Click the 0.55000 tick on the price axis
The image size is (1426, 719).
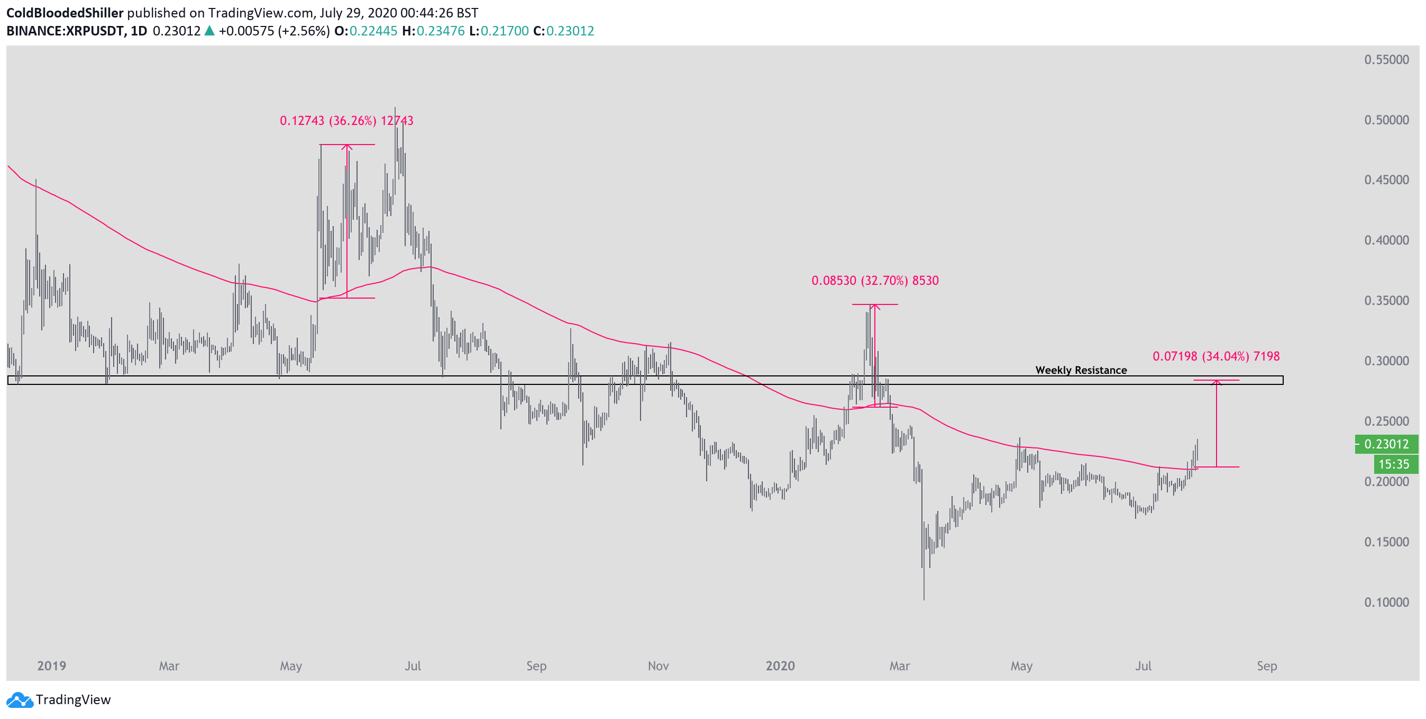click(1386, 60)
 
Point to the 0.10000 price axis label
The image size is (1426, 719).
click(1386, 602)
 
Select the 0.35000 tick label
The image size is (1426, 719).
click(1386, 301)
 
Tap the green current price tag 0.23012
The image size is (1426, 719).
click(1386, 444)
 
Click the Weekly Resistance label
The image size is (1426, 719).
click(1081, 370)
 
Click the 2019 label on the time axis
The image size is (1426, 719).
click(51, 666)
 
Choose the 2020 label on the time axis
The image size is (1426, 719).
click(780, 666)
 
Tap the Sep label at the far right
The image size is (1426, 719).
click(1267, 666)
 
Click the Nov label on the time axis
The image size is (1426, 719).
click(657, 666)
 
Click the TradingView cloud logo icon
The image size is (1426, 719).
click(20, 700)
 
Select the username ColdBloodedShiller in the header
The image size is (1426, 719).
click(65, 13)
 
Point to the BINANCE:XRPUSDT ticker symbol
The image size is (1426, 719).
click(65, 31)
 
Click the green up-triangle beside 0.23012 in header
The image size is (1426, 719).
click(209, 31)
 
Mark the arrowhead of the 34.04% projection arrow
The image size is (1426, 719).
click(1216, 382)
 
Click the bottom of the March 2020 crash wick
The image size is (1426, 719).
click(924, 599)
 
